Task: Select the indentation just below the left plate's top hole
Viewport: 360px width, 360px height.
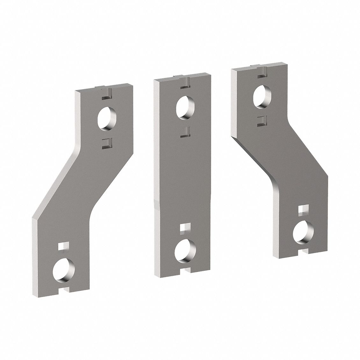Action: pos(106,143)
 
